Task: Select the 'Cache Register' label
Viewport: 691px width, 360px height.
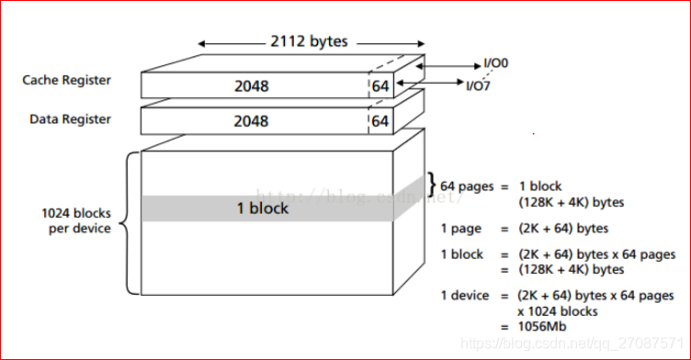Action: pos(67,81)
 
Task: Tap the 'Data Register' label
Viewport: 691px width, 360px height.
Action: pos(71,119)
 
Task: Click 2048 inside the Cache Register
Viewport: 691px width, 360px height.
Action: pos(251,86)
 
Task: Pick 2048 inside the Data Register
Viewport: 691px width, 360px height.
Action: pos(251,121)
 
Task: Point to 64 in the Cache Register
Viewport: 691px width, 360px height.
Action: pos(380,86)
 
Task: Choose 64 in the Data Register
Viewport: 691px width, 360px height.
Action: pos(380,121)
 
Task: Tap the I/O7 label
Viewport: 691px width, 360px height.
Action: pos(477,86)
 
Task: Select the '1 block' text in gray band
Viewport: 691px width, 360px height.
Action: pos(263,208)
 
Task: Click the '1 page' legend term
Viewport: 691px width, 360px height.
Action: pos(461,228)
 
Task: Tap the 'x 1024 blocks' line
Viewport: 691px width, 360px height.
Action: pos(550,311)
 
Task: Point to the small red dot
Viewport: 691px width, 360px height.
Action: pos(533,134)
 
